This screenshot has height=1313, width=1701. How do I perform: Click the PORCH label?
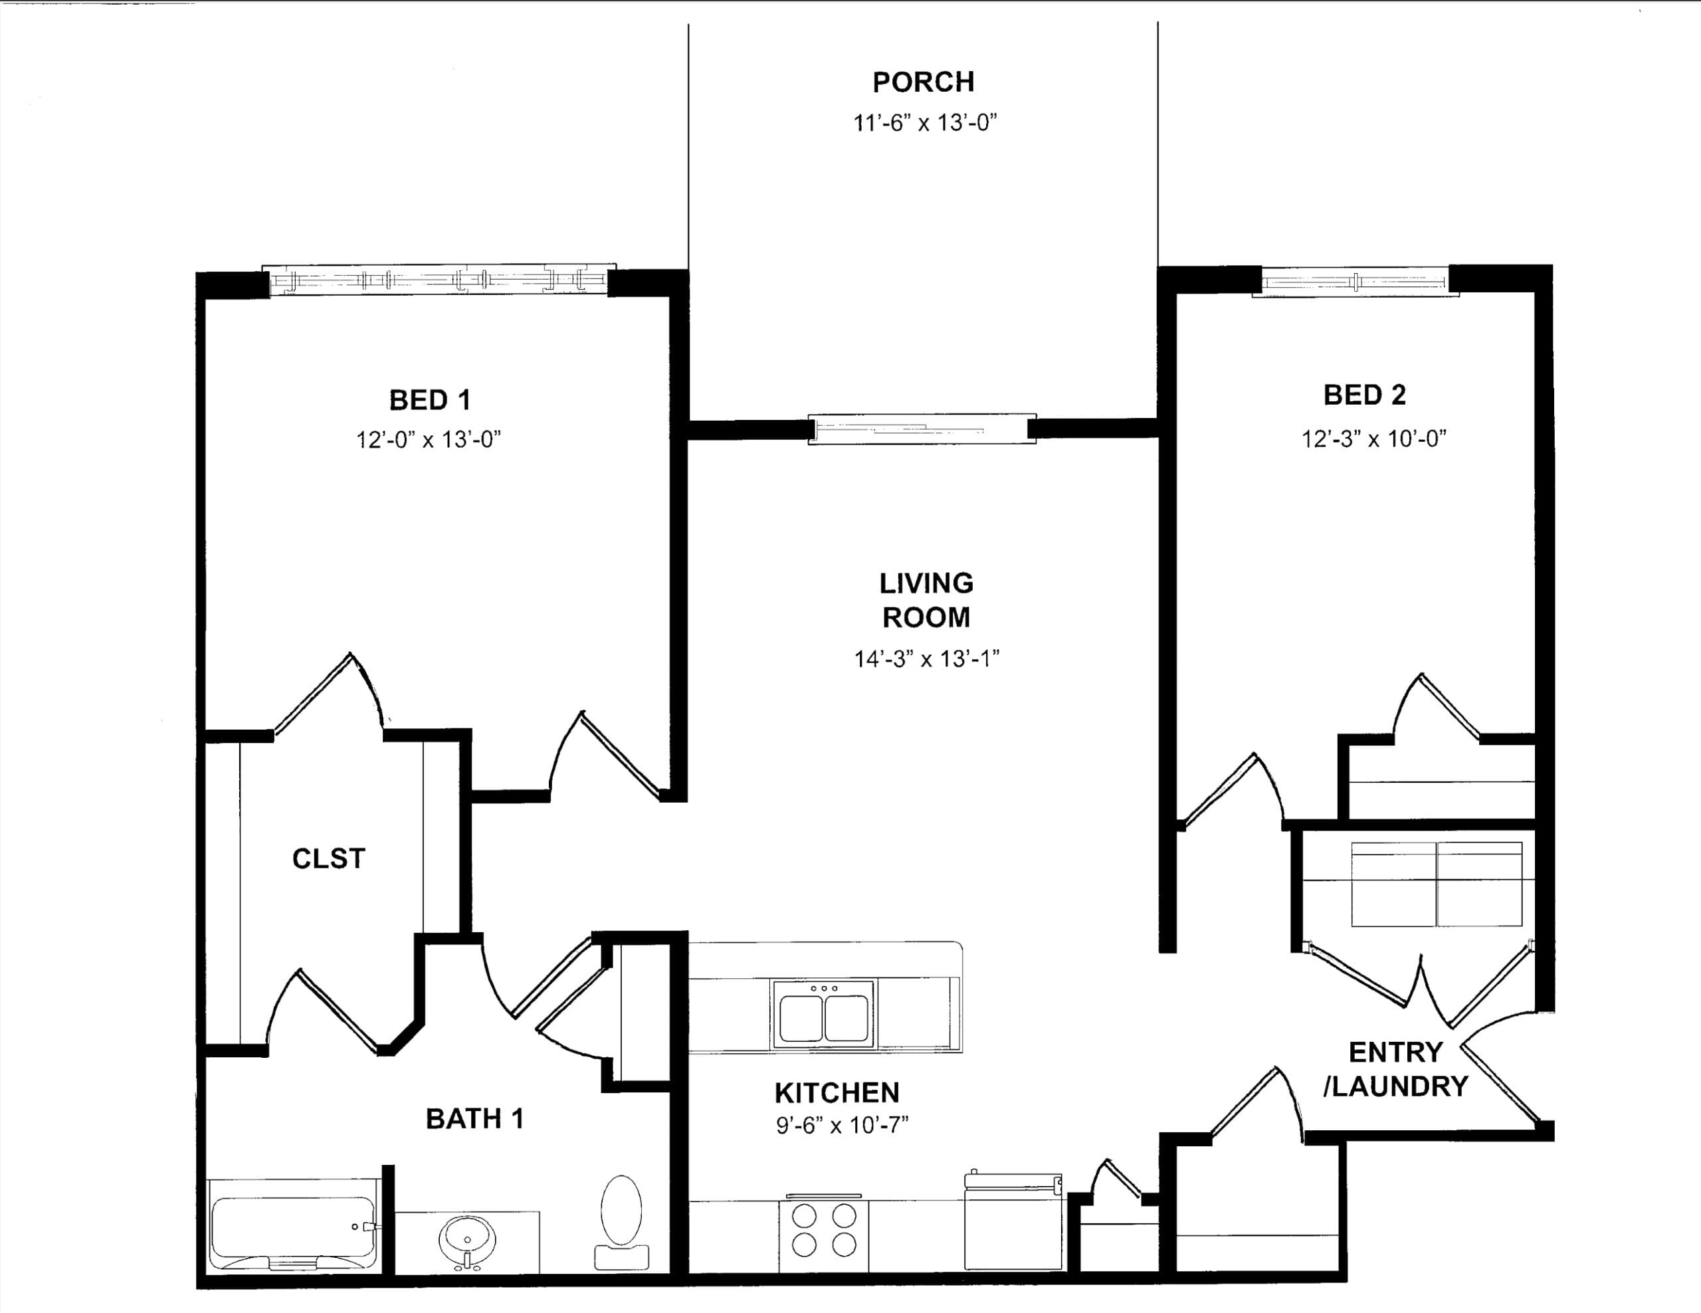click(x=923, y=82)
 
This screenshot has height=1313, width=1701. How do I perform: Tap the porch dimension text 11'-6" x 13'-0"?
click(x=924, y=122)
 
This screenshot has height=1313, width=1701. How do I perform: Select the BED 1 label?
click(x=430, y=400)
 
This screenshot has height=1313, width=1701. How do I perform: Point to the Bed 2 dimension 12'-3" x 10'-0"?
click(x=1374, y=439)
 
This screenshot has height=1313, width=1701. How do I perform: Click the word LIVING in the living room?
click(x=926, y=583)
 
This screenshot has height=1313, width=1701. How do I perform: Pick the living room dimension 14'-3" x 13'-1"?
click(x=926, y=659)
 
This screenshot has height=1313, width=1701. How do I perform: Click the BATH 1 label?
click(x=474, y=1119)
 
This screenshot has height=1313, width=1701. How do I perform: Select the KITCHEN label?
click(x=837, y=1093)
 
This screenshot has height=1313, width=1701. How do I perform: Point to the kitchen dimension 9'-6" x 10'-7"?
click(x=842, y=1126)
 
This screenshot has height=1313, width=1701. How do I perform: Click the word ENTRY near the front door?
click(x=1396, y=1052)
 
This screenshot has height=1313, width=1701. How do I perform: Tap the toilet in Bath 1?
click(x=621, y=1223)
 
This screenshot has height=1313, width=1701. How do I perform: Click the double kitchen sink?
click(x=823, y=1014)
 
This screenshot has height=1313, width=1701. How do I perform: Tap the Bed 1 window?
click(x=439, y=280)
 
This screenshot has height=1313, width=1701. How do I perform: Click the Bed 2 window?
click(x=1355, y=281)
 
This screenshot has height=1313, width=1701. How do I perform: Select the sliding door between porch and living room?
click(x=922, y=429)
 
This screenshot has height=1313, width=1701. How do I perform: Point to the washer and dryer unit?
click(x=1437, y=884)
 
